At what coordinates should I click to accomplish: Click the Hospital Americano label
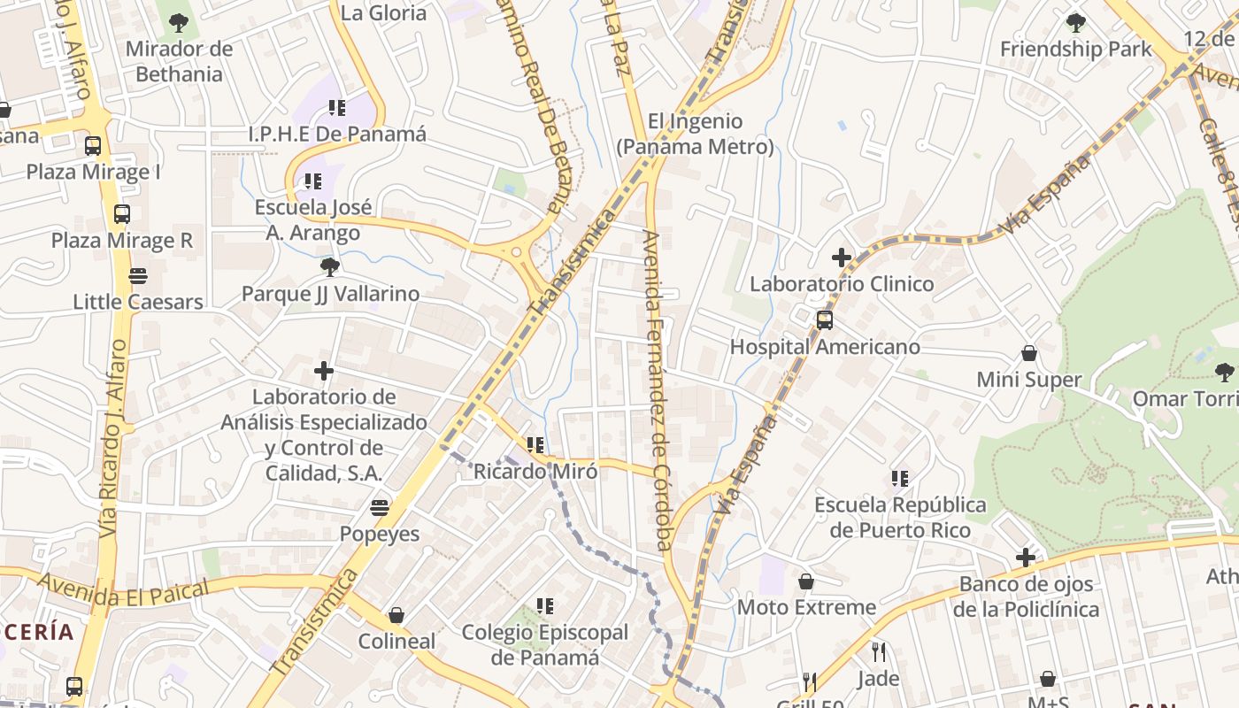click(x=825, y=347)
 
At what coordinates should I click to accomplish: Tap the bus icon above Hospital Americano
click(x=825, y=319)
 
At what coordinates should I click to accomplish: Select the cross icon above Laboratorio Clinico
click(x=842, y=258)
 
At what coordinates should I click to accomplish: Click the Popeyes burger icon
click(x=380, y=508)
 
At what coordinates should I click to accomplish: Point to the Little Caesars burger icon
click(x=138, y=276)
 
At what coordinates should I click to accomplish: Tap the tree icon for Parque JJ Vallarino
click(x=330, y=266)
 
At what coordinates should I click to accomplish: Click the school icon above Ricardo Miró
click(x=535, y=444)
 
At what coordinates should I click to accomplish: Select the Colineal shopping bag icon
click(x=396, y=615)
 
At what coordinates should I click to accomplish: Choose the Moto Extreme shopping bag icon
click(x=806, y=581)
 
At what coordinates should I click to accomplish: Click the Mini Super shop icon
click(x=1029, y=353)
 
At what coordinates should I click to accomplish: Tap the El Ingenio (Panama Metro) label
click(x=695, y=134)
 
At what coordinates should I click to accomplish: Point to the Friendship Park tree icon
click(x=1076, y=23)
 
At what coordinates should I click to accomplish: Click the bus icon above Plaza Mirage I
click(x=93, y=146)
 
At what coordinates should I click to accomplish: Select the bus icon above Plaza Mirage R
click(x=122, y=214)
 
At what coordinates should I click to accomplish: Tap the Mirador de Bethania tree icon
click(x=179, y=23)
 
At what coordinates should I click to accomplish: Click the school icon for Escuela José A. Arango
click(x=313, y=181)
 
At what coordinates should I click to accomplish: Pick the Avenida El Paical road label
click(x=124, y=590)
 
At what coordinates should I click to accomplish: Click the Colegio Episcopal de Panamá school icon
click(x=545, y=606)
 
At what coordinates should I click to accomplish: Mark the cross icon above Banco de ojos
click(x=1026, y=558)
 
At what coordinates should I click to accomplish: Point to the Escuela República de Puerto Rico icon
click(x=900, y=479)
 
